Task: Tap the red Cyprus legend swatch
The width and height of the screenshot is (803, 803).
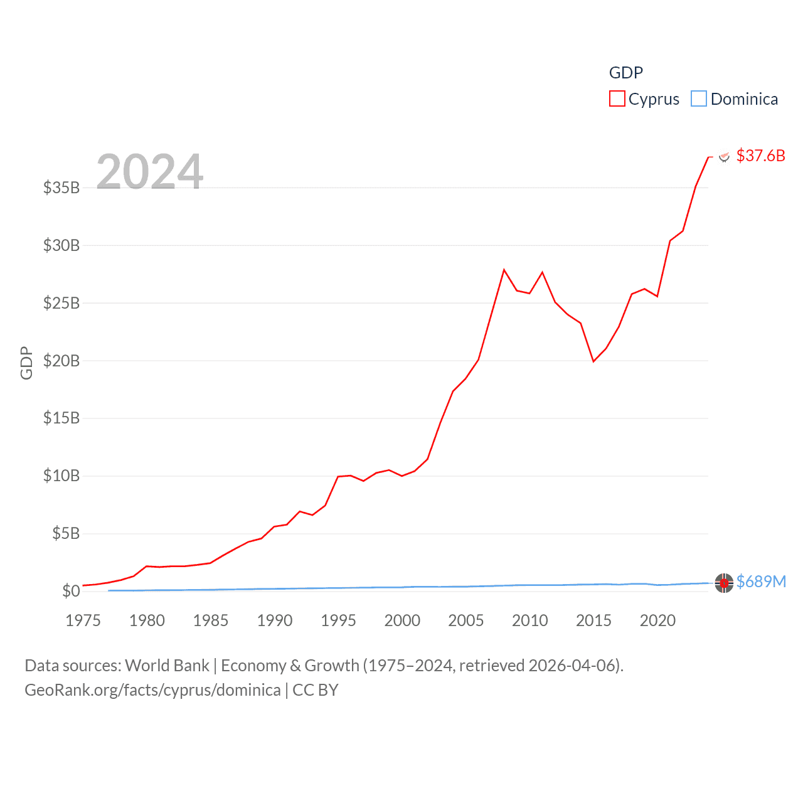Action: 617,99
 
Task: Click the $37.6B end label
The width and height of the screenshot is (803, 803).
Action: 760,156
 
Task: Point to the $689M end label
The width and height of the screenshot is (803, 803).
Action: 761,582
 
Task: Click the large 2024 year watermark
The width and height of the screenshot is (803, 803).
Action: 150,172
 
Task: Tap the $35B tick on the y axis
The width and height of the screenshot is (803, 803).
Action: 61,188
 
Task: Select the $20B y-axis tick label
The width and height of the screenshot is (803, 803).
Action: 61,361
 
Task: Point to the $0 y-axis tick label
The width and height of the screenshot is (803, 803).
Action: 71,591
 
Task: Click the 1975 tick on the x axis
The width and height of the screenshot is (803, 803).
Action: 83,620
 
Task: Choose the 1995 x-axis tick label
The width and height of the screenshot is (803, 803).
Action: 338,620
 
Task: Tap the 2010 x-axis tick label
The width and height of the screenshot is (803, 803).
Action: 530,620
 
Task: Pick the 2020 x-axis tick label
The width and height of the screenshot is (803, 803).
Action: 657,620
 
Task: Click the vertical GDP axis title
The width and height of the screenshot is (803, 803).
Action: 26,363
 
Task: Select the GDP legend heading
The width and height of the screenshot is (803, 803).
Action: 626,73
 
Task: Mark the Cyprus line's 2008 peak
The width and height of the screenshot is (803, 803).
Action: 504,270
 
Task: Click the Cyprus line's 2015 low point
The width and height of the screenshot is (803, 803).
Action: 593,361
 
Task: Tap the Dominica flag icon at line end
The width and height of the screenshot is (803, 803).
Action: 724,583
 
